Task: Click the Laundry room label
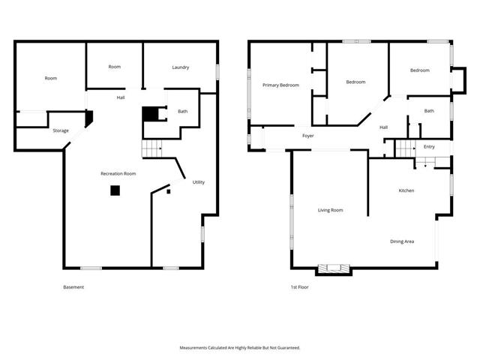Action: (180, 67)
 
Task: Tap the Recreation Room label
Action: (118, 173)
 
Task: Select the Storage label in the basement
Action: (61, 130)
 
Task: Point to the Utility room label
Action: (198, 182)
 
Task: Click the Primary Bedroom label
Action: (280, 85)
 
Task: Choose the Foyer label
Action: (308, 136)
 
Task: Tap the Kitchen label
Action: (406, 190)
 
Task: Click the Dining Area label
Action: (402, 241)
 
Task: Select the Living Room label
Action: (330, 210)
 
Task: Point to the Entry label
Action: (429, 147)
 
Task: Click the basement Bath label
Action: (183, 112)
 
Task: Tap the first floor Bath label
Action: (429, 111)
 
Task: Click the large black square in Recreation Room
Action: (115, 190)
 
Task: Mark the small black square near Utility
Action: (168, 192)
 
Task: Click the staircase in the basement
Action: (152, 148)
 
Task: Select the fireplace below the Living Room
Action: (334, 268)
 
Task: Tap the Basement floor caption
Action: (73, 287)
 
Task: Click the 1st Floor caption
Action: (299, 287)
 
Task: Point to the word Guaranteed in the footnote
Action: (289, 348)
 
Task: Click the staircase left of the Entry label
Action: (405, 148)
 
